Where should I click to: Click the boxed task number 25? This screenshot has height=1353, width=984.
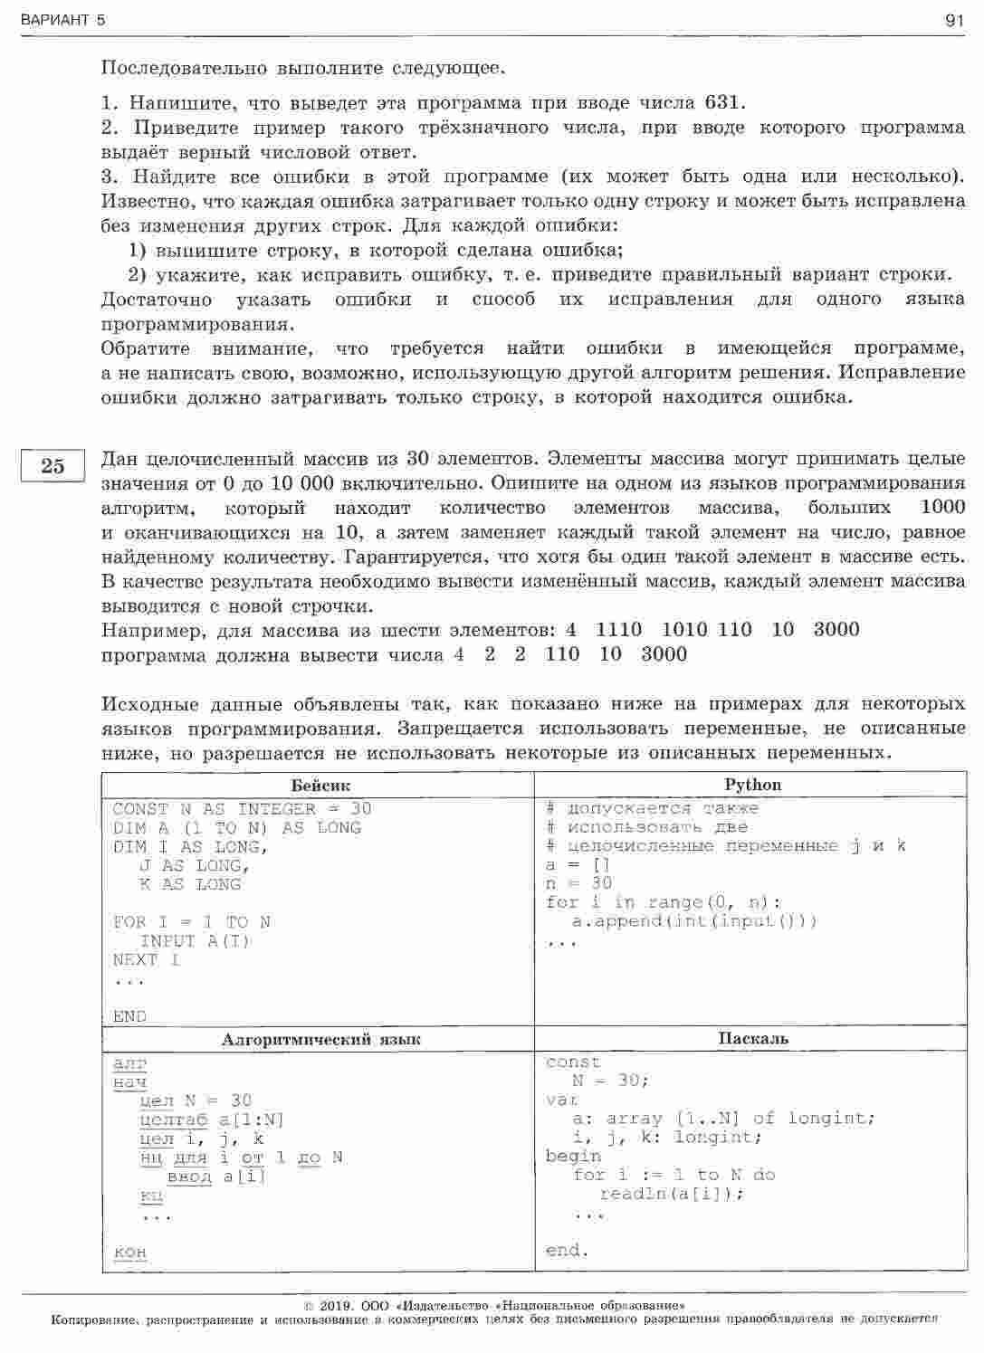coord(52,466)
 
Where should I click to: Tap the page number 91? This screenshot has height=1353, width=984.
coord(954,20)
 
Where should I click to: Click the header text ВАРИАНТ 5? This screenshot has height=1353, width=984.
coord(62,20)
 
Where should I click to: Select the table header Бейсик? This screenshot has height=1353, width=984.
coord(320,785)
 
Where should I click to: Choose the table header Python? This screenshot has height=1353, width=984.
coord(752,784)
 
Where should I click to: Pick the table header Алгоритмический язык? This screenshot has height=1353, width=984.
coord(320,1040)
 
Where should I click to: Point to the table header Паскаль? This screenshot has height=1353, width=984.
coord(753,1039)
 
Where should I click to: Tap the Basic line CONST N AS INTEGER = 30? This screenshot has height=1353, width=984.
coord(242,809)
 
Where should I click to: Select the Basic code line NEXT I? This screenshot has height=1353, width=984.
coord(146,959)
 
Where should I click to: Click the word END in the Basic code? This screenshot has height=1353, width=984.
coord(129,1016)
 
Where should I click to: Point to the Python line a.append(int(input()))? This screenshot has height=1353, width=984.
coord(694,921)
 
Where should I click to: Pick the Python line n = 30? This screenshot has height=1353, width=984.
coord(578,883)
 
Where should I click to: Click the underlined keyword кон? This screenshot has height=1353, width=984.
coord(130,1253)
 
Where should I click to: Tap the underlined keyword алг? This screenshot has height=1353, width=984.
coord(130,1063)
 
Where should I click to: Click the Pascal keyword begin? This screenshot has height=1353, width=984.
coord(574,1156)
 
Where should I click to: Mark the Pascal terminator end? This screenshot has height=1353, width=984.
coord(567,1251)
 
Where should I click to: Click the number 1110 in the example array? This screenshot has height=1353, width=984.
coord(619,630)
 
